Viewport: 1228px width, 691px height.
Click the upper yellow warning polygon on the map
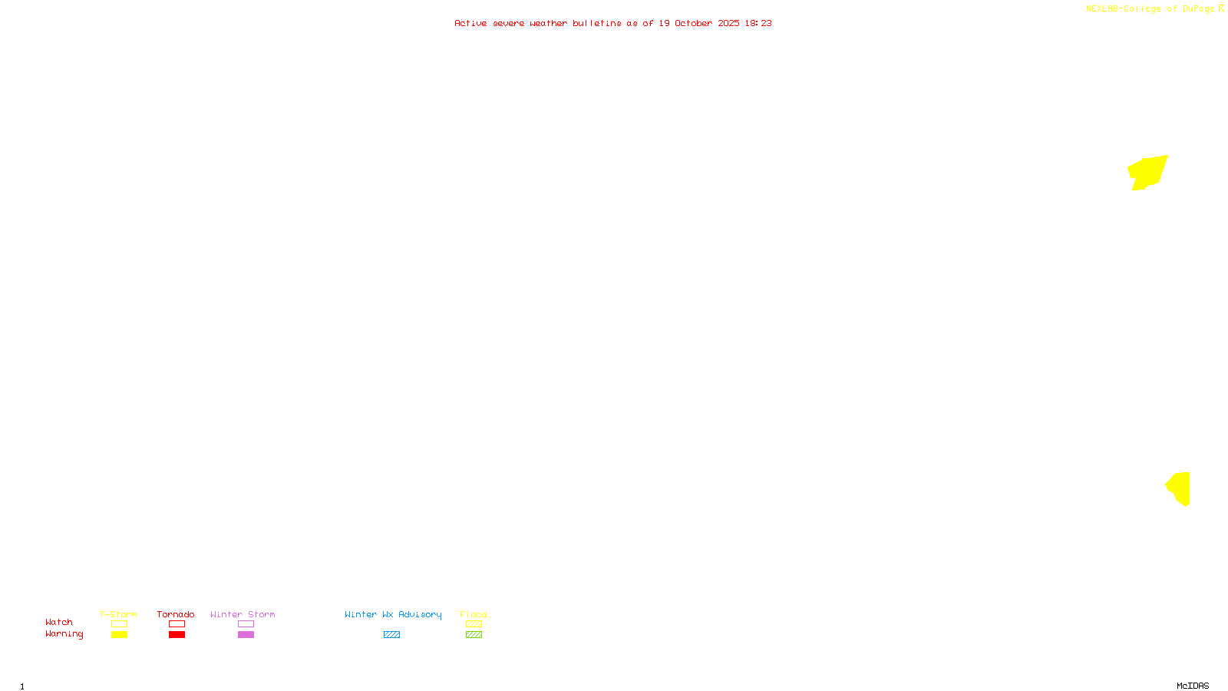pyautogui.click(x=1147, y=172)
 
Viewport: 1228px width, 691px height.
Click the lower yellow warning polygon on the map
pyautogui.click(x=1180, y=488)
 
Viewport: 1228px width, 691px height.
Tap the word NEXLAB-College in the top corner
pyautogui.click(x=1123, y=9)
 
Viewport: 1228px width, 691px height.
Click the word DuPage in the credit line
pyautogui.click(x=1198, y=9)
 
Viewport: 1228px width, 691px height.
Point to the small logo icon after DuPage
pyautogui.click(x=1221, y=8)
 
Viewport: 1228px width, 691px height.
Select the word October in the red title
pyautogui.click(x=693, y=24)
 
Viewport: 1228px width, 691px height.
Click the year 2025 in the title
pyautogui.click(x=728, y=24)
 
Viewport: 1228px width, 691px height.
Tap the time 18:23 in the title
pyautogui.click(x=758, y=24)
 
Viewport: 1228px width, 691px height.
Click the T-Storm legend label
pyautogui.click(x=118, y=615)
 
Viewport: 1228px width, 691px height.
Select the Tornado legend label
pyautogui.click(x=176, y=615)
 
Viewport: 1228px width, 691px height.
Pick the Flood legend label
pyautogui.click(x=474, y=615)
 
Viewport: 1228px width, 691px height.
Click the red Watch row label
pyautogui.click(x=59, y=623)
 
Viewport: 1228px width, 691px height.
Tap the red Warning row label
pyautogui.click(x=64, y=634)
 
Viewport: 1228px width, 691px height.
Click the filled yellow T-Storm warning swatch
pyautogui.click(x=119, y=635)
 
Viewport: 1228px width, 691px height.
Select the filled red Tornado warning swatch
pyautogui.click(x=177, y=635)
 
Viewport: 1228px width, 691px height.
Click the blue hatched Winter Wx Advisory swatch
pyautogui.click(x=391, y=635)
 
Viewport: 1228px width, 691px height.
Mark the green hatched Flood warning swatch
pyautogui.click(x=474, y=635)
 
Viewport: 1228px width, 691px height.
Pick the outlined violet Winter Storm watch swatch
pyautogui.click(x=246, y=624)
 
